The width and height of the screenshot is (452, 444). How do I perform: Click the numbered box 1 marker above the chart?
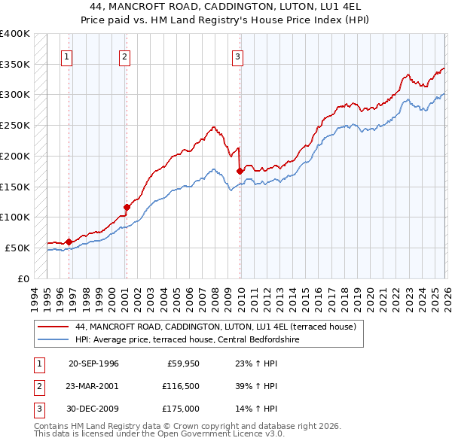67,55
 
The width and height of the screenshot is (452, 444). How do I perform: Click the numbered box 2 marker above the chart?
124,55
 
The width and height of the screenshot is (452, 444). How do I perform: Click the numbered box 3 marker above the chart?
237,55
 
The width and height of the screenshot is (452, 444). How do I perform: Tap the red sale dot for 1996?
69,242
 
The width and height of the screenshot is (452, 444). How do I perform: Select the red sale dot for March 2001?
127,207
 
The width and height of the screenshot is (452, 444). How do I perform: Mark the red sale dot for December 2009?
240,172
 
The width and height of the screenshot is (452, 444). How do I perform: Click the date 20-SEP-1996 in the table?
93,363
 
